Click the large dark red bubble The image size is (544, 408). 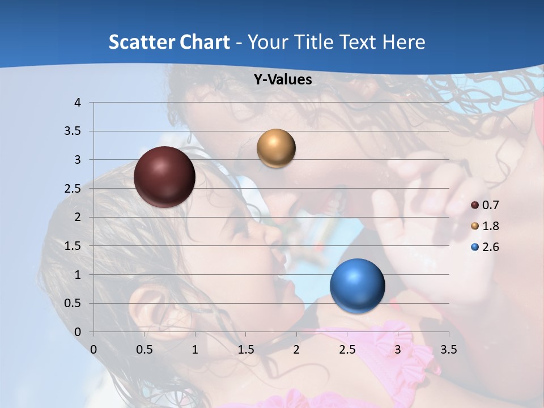[x=164, y=177]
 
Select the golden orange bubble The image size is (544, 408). [x=276, y=148]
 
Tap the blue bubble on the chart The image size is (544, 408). [x=357, y=286]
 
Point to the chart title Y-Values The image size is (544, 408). [x=282, y=80]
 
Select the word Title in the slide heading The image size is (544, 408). [x=314, y=42]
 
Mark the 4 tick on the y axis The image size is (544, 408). [x=78, y=103]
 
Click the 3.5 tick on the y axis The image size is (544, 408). [x=74, y=131]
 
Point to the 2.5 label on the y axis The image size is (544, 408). [x=74, y=189]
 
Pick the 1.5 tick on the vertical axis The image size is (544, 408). [x=74, y=246]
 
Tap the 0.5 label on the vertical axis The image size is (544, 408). [x=74, y=303]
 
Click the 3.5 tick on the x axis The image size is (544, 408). [x=448, y=350]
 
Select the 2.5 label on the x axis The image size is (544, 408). [x=347, y=350]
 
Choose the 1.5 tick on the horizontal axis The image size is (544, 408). [x=246, y=350]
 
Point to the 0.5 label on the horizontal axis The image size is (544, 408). [x=144, y=350]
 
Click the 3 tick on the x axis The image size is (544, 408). [x=398, y=350]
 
